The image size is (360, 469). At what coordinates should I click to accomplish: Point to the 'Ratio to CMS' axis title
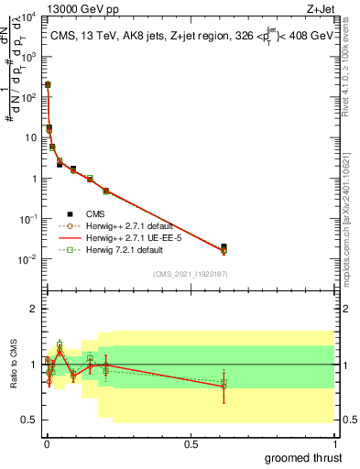tap(13, 364)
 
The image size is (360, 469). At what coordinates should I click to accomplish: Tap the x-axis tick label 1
tap(335, 444)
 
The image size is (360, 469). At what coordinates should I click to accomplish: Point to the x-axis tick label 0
tap(46, 444)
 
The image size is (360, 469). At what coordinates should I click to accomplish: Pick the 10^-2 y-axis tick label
tap(27, 259)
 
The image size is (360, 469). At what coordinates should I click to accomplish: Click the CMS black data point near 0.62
tap(224, 246)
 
